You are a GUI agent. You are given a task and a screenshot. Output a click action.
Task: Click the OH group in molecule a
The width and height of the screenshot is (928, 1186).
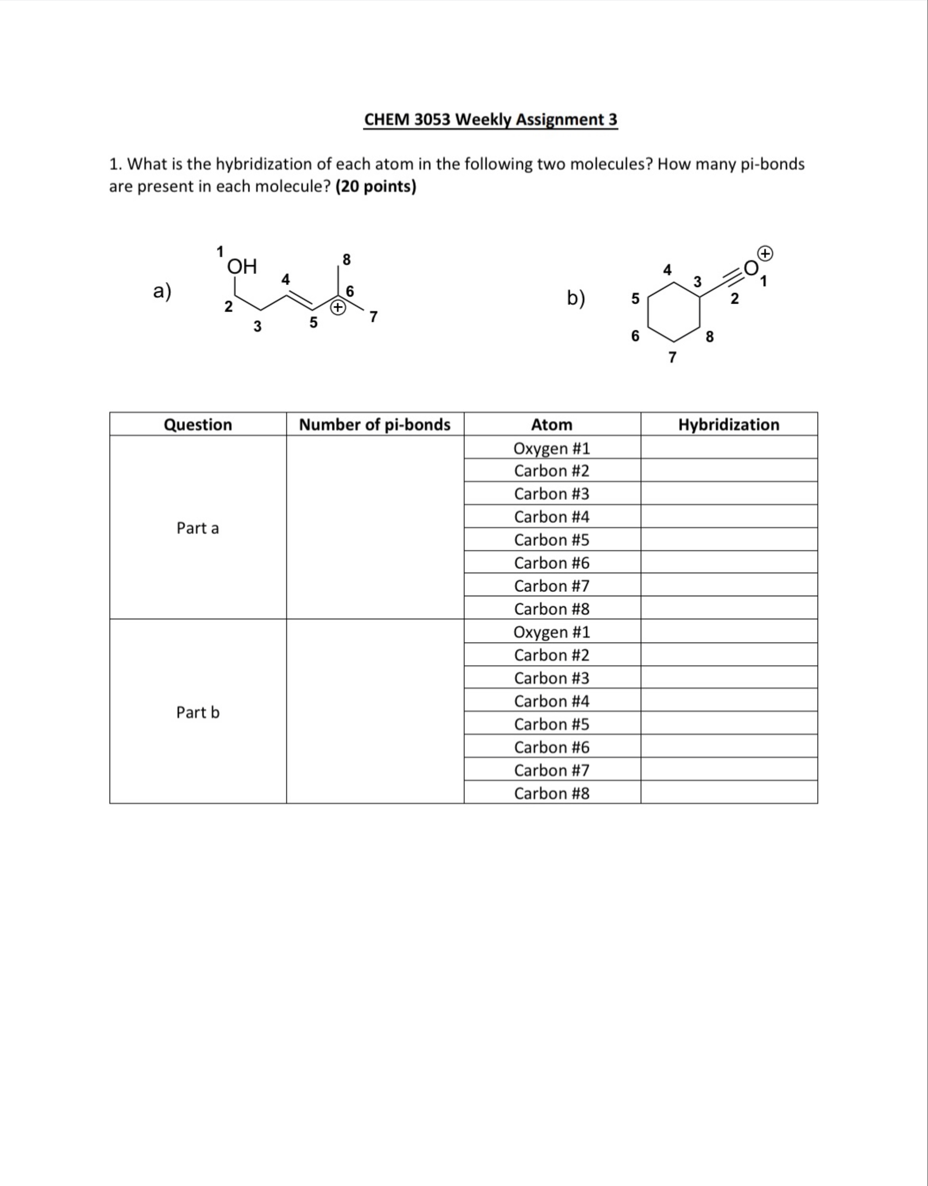242,267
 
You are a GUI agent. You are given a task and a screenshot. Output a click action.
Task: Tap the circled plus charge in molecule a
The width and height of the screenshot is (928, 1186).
338,308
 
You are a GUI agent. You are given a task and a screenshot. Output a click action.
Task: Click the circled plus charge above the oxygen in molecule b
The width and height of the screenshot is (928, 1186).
765,254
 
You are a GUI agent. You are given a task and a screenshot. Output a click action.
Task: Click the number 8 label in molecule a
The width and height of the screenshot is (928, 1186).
346,260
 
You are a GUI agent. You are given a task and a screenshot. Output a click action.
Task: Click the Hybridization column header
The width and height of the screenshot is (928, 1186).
729,424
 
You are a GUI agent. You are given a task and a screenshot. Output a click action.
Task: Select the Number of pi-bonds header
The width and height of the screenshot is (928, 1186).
375,424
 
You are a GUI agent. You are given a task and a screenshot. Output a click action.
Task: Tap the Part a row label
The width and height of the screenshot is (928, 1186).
198,528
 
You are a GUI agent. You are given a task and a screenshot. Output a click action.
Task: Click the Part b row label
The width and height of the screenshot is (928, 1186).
198,712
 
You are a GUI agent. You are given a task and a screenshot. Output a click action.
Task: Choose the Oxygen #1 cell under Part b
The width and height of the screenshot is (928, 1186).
551,632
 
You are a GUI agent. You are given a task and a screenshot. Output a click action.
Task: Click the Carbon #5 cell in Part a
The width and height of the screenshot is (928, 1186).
551,540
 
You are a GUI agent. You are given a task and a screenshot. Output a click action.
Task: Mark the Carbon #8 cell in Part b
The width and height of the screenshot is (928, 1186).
551,793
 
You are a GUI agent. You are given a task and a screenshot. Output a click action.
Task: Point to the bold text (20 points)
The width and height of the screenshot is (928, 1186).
376,187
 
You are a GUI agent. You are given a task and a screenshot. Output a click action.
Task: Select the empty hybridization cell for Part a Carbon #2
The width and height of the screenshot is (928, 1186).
729,471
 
